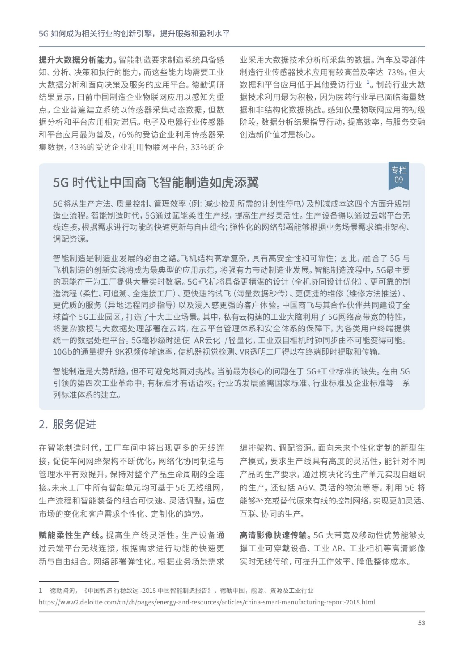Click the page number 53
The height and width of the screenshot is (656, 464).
[421, 623]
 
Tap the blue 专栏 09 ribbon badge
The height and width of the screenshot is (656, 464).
[398, 175]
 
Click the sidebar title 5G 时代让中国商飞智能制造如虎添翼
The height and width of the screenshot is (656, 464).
[156, 182]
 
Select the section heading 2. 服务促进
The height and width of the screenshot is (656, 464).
[68, 424]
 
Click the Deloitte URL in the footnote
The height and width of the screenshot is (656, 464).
[207, 602]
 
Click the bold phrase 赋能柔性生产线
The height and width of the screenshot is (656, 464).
[69, 535]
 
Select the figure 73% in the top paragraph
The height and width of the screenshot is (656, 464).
[395, 73]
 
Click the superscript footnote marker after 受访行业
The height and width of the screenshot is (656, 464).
[368, 82]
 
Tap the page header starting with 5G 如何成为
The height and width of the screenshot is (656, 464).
[134, 34]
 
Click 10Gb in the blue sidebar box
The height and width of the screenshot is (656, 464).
[62, 352]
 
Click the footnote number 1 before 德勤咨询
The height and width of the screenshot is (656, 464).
[41, 590]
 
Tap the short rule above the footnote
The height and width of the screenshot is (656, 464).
[78, 581]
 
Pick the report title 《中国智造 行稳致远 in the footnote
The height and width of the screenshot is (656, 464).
[111, 590]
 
